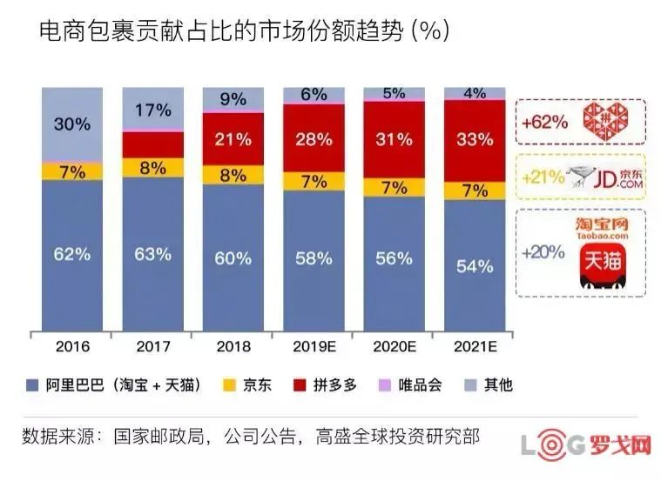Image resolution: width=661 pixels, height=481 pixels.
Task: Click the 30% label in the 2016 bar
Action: pyautogui.click(x=71, y=124)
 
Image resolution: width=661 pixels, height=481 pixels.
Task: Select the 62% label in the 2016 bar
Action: pyautogui.click(x=71, y=255)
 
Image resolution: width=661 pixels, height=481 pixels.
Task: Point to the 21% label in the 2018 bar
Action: pyautogui.click(x=233, y=140)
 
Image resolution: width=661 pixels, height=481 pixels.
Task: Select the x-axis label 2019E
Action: pyautogui.click(x=313, y=345)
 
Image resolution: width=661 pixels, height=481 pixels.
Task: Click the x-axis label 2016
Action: pyautogui.click(x=71, y=345)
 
